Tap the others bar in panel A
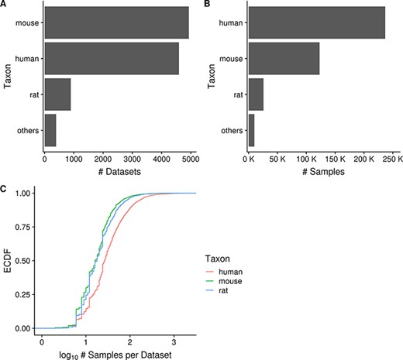click(x=50, y=129)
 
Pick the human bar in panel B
click(x=316, y=22)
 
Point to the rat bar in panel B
click(x=256, y=94)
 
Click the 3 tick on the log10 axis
click(x=175, y=340)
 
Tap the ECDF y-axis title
click(x=7, y=261)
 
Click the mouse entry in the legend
click(x=232, y=281)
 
